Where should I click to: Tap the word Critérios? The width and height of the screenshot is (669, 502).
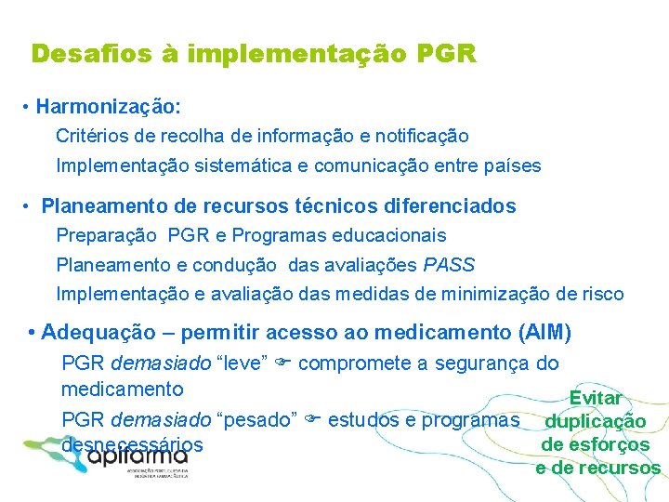(91, 137)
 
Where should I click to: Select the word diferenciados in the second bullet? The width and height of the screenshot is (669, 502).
(438, 205)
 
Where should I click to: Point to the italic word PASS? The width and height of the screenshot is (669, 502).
(449, 266)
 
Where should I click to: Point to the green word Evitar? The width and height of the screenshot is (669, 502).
(596, 398)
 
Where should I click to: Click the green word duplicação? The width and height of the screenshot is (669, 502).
(601, 421)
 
